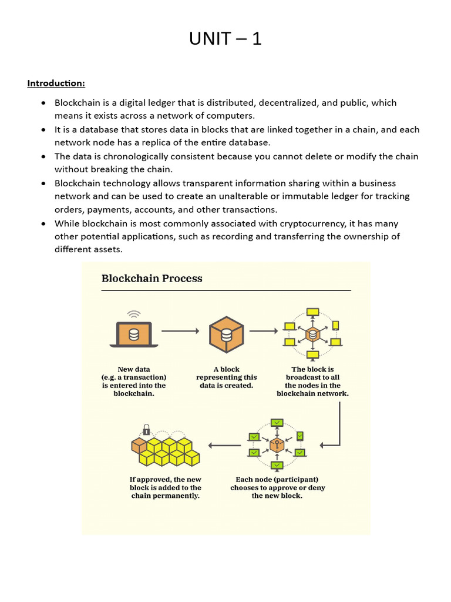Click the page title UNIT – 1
coord(225,39)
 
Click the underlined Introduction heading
coord(56,83)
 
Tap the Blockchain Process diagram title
coord(152,278)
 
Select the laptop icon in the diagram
coord(134,334)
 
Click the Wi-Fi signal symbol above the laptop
coord(134,314)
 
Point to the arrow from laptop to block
coord(180,331)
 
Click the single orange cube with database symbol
coord(226,333)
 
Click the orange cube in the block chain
coord(139,446)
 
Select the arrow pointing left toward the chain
coord(224,445)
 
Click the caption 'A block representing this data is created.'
coord(226,377)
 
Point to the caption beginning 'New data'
coord(134,382)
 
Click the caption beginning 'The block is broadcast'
coord(312,382)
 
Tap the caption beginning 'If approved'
coord(165,487)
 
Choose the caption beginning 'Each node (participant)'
coord(277,487)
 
